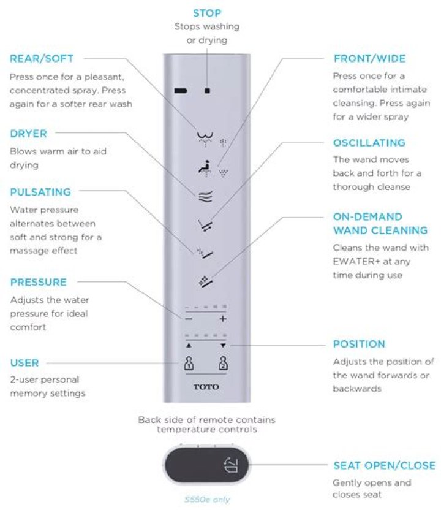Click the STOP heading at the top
[x=207, y=13]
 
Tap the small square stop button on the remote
[x=208, y=91]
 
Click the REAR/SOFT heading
[x=42, y=59]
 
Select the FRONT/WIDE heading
[x=369, y=59]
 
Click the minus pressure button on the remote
[x=189, y=319]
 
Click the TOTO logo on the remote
[x=206, y=387]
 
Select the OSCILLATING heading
[x=369, y=143]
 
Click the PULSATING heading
[x=40, y=192]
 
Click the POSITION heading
[x=359, y=344]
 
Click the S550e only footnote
[x=207, y=500]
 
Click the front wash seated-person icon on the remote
[x=204, y=167]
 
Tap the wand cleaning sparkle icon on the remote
[x=205, y=281]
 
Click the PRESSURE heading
[x=38, y=283]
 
